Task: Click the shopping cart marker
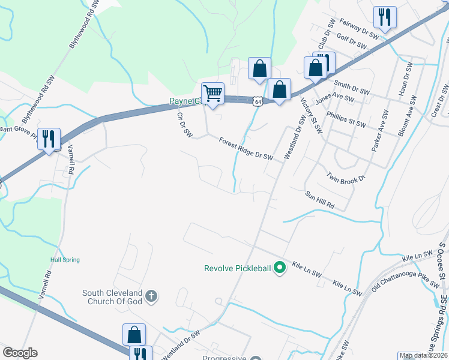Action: (x=212, y=94)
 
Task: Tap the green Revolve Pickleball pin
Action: (x=279, y=268)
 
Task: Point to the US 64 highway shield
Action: (x=258, y=102)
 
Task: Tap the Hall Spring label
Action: (x=65, y=260)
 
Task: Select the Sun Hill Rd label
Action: (x=319, y=200)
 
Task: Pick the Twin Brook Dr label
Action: (x=346, y=178)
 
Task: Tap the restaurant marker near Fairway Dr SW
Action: (x=384, y=17)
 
